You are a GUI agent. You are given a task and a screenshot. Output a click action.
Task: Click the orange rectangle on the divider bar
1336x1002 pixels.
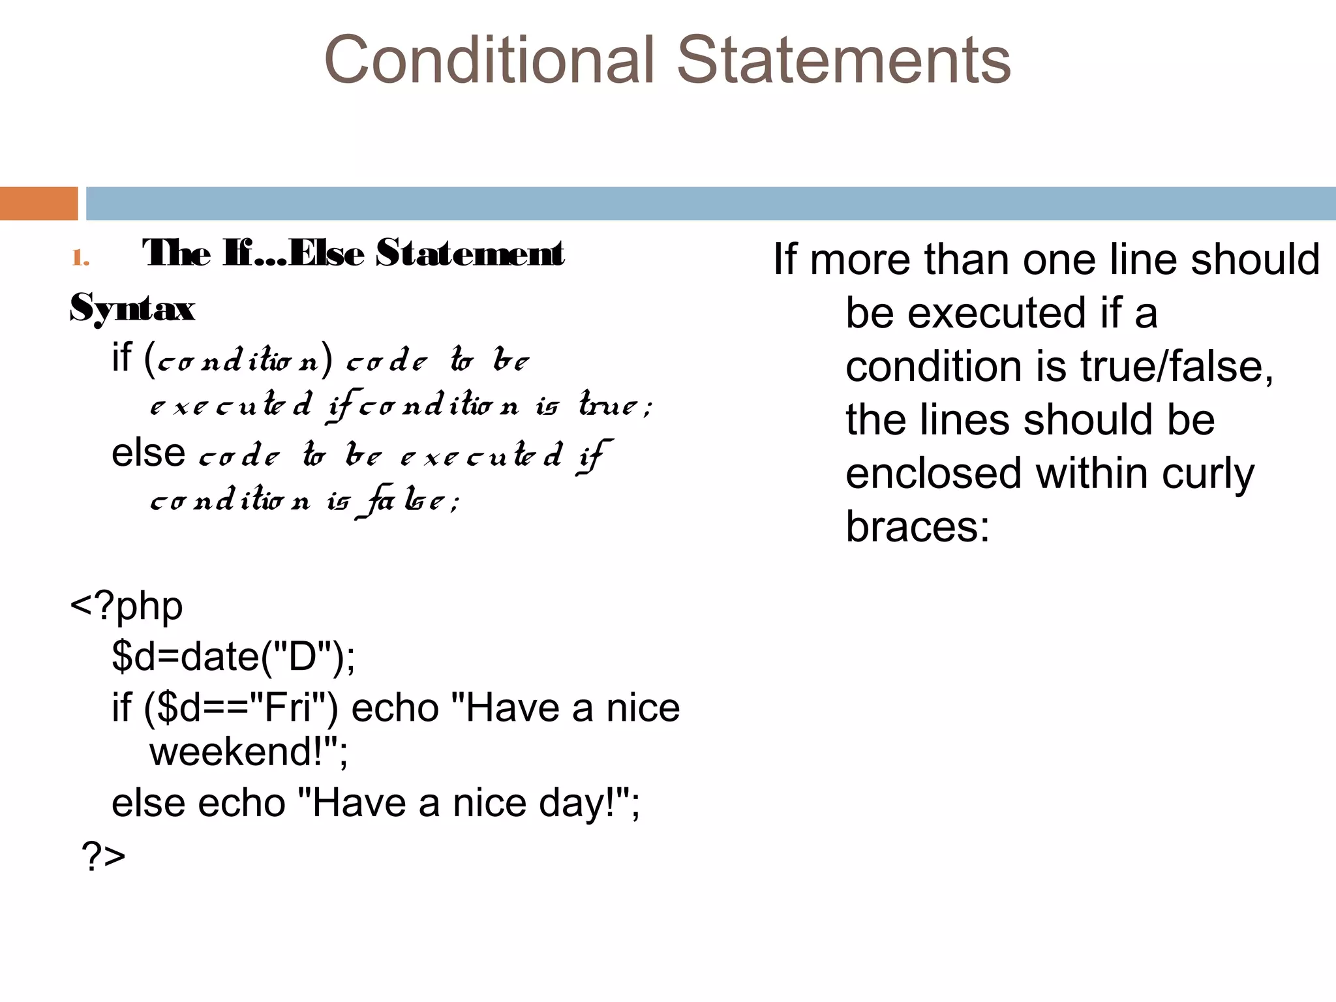[38, 204]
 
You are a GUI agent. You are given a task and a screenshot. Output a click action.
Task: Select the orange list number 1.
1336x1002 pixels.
[80, 258]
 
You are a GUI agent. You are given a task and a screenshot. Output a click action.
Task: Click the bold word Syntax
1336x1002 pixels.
[132, 308]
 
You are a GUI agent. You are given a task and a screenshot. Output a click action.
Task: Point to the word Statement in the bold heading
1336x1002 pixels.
[470, 253]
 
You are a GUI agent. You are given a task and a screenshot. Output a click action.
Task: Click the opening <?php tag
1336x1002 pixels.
[127, 607]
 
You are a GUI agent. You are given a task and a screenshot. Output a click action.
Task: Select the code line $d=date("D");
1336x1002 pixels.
[234, 656]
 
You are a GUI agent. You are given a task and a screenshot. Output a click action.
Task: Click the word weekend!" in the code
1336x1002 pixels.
[249, 751]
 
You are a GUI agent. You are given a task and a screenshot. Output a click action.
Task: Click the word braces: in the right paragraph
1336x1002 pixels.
[917, 526]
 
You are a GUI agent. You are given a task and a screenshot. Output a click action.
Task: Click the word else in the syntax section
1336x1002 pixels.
[148, 453]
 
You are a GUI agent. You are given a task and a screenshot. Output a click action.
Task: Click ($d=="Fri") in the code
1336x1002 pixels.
[241, 708]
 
